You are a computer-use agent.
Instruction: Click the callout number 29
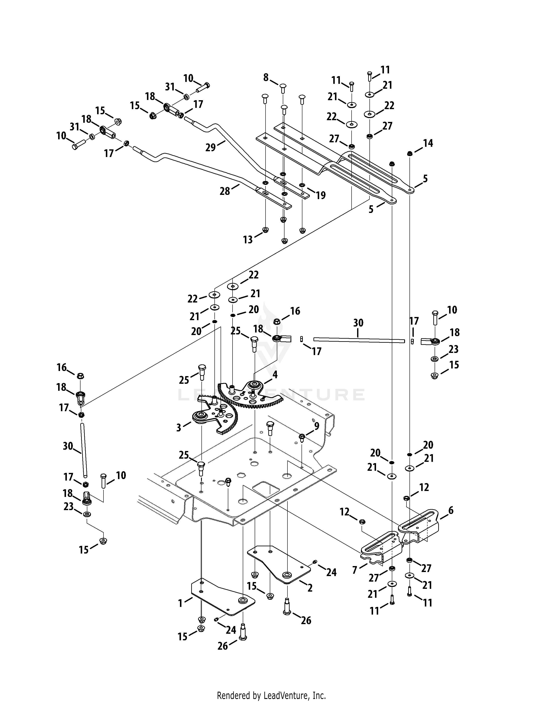211,148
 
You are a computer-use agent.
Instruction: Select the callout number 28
225,191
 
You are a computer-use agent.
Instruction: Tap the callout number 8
266,77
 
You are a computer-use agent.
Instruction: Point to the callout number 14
428,143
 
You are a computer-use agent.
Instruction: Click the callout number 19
321,195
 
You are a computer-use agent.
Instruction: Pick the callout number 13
248,240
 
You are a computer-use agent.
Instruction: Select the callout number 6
451,510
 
